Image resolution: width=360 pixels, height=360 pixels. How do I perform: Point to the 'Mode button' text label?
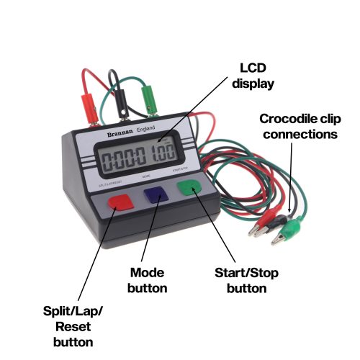coord(148,280)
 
